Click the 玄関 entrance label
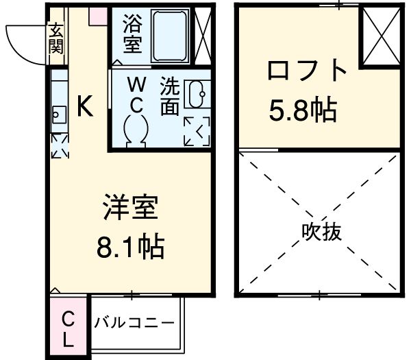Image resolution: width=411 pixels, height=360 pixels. click(56, 39)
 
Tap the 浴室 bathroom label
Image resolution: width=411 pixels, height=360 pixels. click(132, 34)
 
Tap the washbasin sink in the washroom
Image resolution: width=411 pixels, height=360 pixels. click(199, 93)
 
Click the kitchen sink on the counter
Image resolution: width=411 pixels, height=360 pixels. click(57, 114)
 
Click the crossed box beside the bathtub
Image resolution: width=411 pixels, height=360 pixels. click(203, 34)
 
